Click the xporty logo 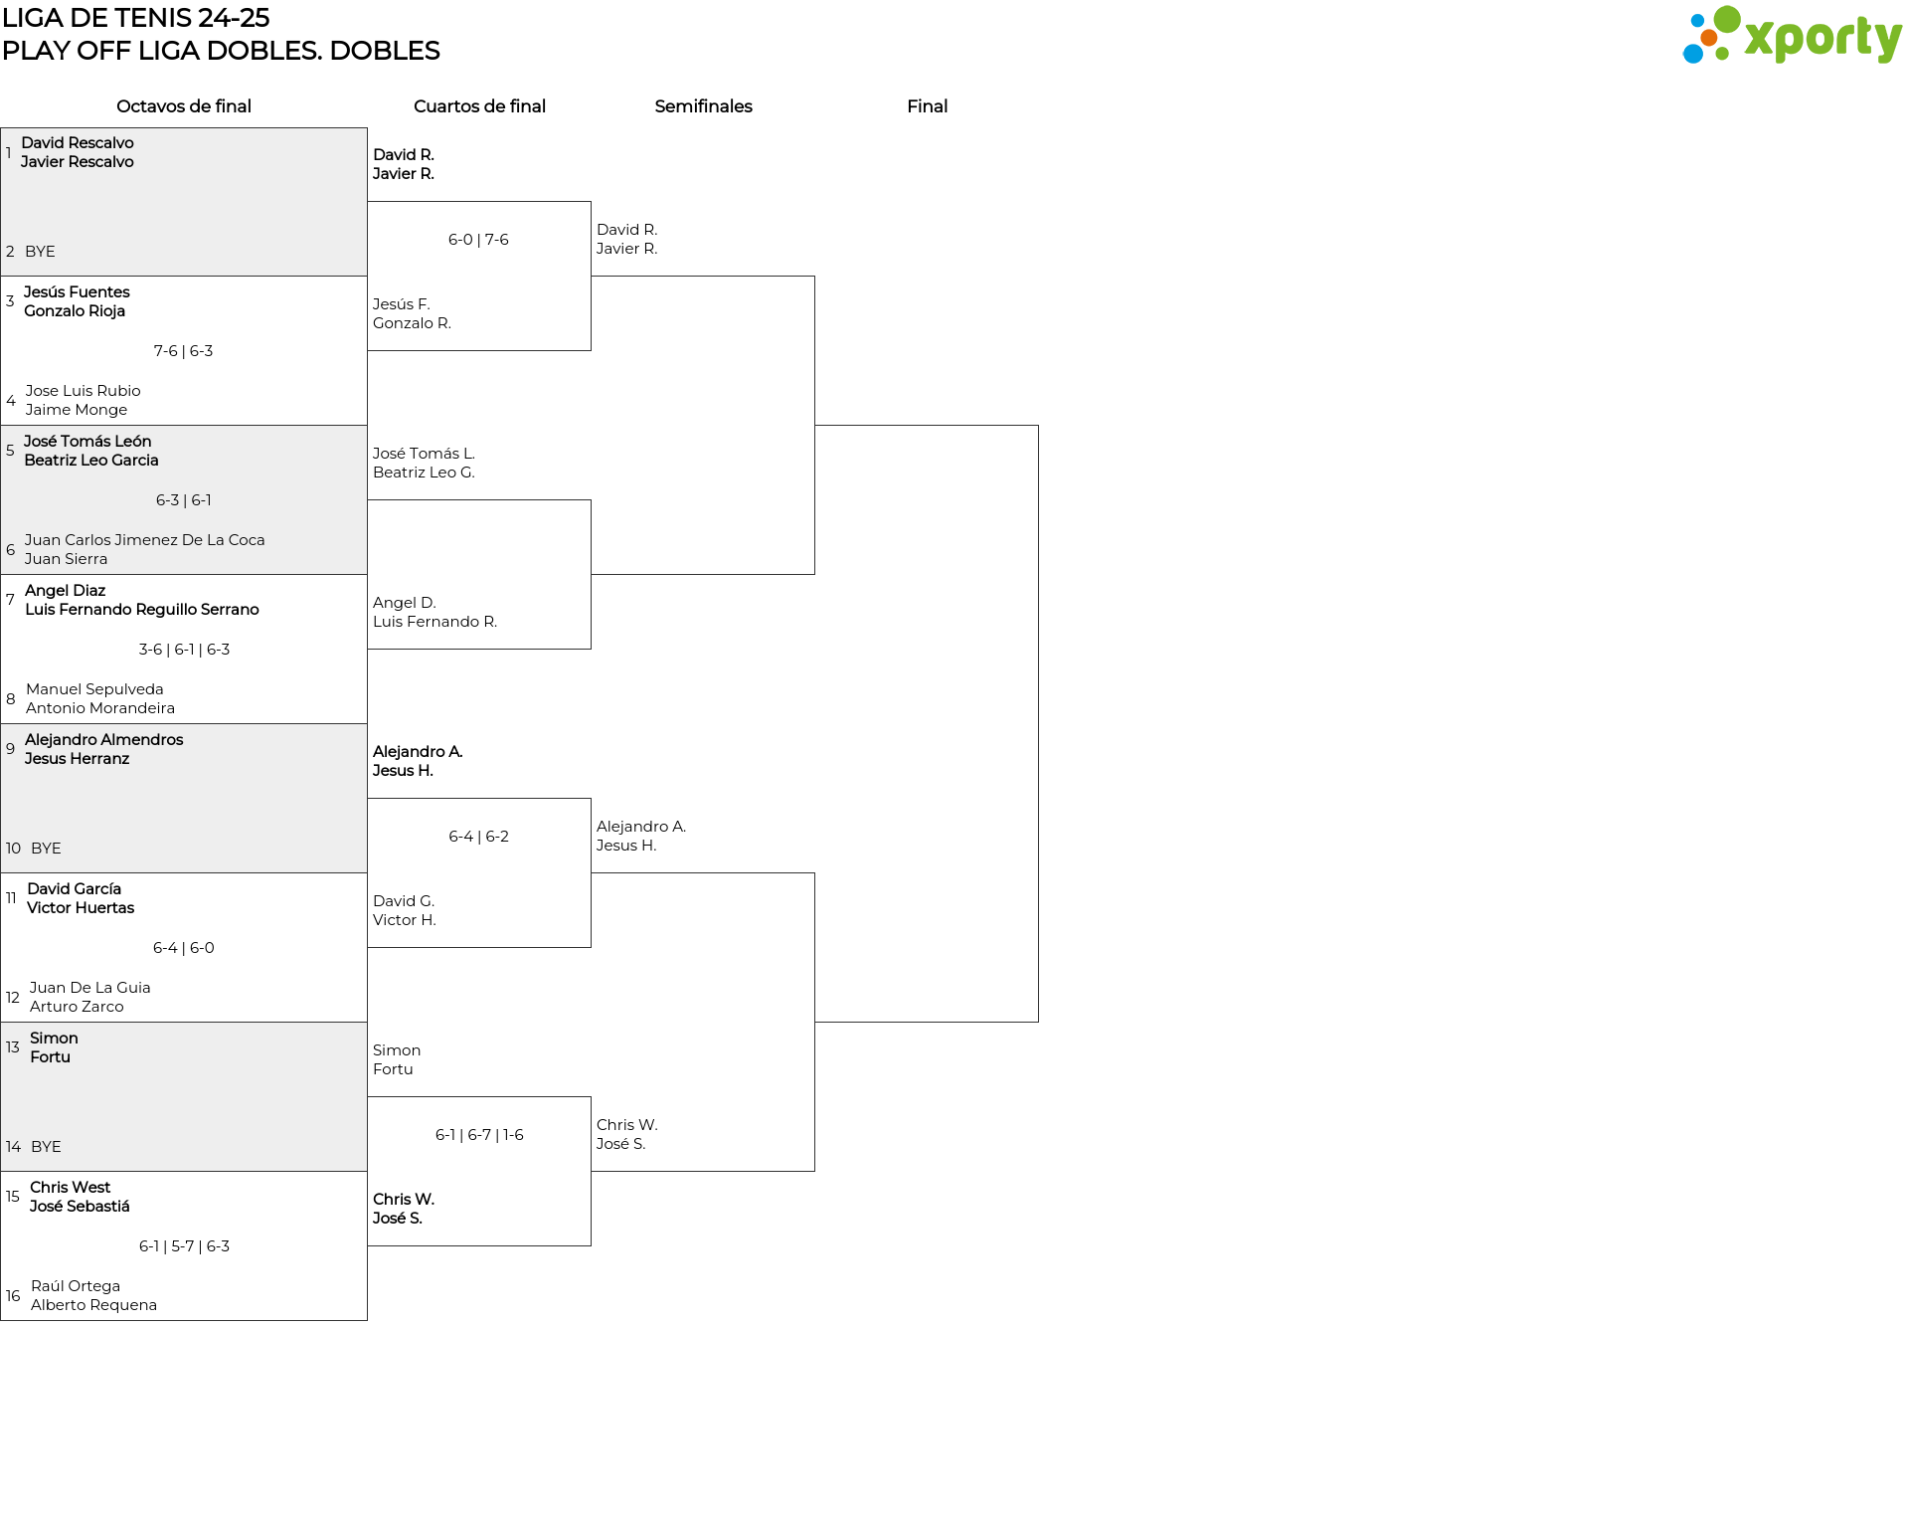(1792, 36)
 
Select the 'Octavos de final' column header (184, 106)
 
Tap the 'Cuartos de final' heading (479, 106)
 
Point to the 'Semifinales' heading (703, 106)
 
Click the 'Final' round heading (927, 106)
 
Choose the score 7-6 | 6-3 (184, 351)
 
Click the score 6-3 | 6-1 (184, 500)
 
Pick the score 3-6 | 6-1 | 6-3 (184, 650)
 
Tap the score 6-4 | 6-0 (184, 948)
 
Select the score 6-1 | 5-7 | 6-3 (184, 1246)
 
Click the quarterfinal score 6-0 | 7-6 (478, 240)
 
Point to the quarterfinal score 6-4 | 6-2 (478, 837)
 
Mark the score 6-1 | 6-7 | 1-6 (479, 1135)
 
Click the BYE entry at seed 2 (40, 252)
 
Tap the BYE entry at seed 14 (46, 1147)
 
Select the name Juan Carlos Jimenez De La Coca (145, 540)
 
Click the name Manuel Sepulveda (94, 689)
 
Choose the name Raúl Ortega (76, 1286)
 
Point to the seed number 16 (13, 1296)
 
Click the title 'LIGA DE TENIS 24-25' (136, 18)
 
